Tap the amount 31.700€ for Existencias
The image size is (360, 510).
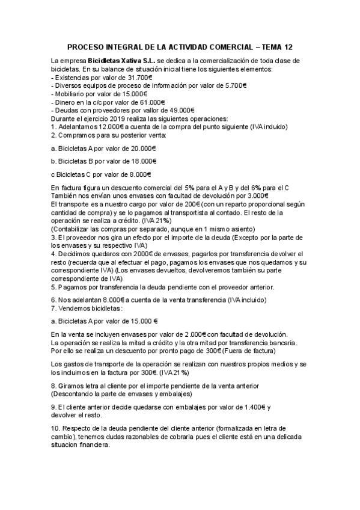(x=138, y=78)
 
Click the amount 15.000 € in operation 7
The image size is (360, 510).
(x=144, y=321)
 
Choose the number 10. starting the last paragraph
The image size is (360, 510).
(x=57, y=428)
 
